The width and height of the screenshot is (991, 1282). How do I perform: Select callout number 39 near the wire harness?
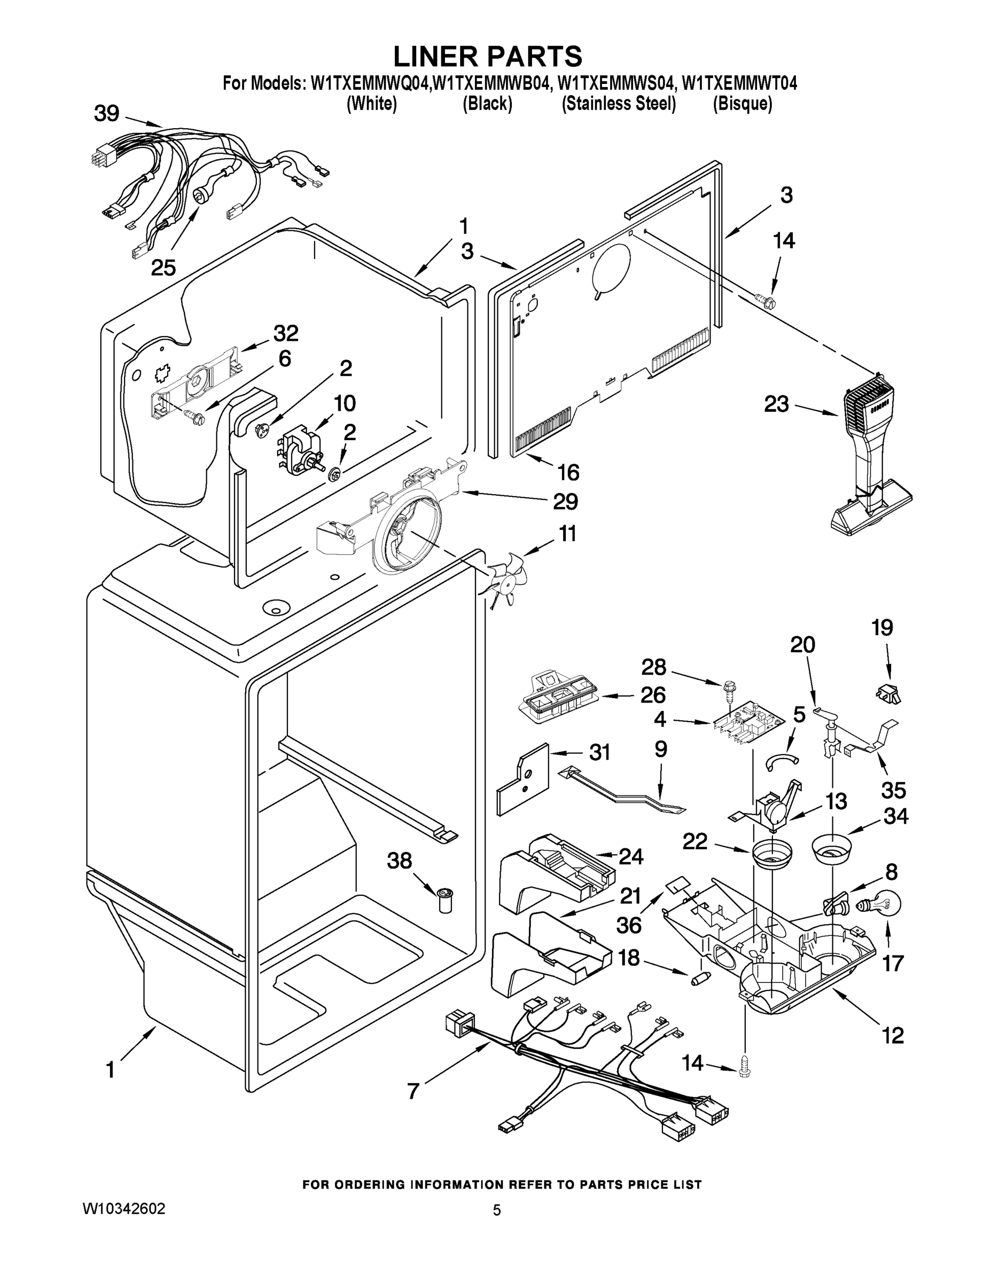click(106, 113)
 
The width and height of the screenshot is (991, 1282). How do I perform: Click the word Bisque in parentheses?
click(742, 104)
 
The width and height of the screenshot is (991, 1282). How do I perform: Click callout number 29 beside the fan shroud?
click(565, 501)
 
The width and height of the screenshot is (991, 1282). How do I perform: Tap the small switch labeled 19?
click(888, 694)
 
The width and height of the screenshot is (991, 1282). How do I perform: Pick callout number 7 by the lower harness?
click(413, 1091)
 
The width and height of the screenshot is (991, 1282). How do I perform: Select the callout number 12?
click(892, 1035)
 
